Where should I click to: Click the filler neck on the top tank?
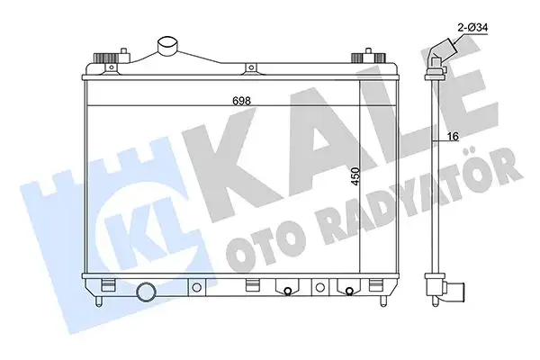168,45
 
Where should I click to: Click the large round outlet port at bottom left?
147,292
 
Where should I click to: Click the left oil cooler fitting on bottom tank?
286,290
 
